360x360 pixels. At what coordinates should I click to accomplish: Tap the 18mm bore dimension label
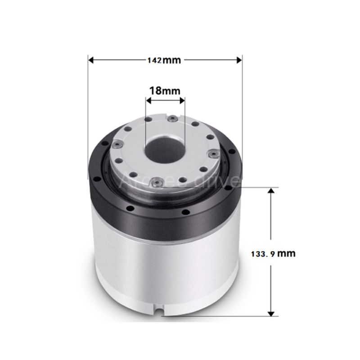click(x=165, y=90)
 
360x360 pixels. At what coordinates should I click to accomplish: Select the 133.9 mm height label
click(x=273, y=253)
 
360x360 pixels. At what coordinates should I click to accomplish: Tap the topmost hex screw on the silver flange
click(x=172, y=118)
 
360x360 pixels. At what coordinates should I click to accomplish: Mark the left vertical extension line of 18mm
click(x=145, y=117)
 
